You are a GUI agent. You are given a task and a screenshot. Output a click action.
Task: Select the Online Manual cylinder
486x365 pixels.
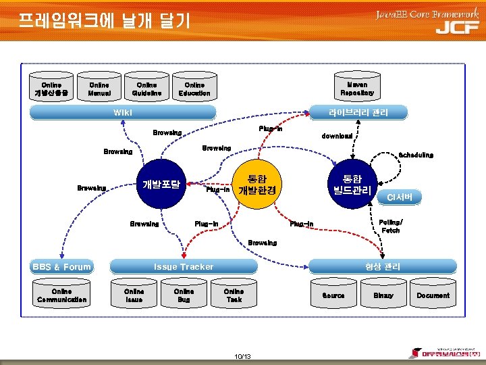99,89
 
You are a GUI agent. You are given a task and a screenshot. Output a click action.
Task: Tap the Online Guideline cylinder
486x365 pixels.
146,89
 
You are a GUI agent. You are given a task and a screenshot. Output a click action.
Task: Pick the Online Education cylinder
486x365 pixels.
194,89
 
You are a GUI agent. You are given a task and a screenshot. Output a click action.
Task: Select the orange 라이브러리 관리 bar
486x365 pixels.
357,112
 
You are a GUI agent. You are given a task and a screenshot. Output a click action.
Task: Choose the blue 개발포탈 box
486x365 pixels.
161,184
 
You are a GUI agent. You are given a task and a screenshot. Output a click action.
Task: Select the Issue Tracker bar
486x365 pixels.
184,266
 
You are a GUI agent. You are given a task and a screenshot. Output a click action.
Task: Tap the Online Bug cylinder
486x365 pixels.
184,295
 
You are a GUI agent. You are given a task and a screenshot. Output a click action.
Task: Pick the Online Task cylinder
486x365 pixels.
234,295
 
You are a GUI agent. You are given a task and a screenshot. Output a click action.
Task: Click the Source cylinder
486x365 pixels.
333,295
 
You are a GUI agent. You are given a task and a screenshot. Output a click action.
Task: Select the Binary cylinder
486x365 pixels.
383,295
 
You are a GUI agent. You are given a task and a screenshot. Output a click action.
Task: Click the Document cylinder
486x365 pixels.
433,295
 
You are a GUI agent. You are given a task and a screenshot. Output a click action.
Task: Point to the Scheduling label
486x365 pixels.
416,155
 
